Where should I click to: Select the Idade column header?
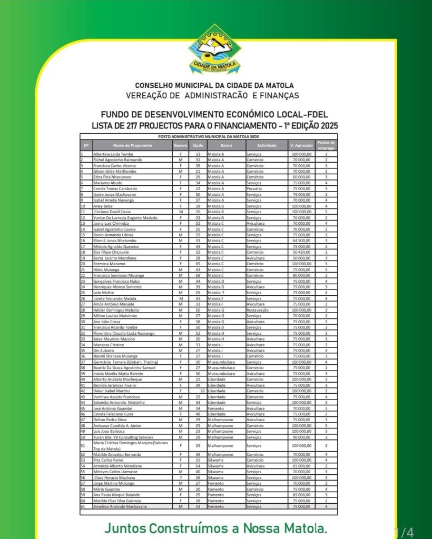198,145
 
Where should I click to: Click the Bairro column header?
226,145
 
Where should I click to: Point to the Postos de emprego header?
326,145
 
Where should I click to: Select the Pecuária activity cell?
254,188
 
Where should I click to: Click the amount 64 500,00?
301,241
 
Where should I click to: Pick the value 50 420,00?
301,252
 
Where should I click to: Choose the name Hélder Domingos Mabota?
116,310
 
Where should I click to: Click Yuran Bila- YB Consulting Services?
123,437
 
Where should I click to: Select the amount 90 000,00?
301,437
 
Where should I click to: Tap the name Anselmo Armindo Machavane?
120,506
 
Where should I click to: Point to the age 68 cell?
198,275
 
